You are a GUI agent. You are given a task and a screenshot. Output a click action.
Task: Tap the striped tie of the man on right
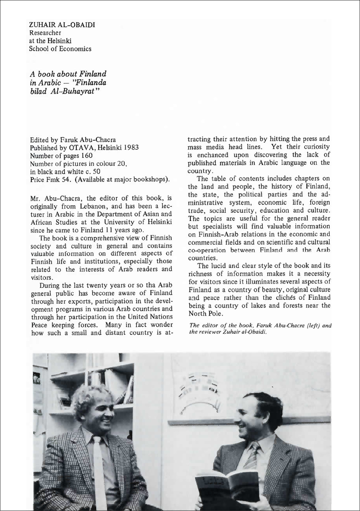point(252,456)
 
